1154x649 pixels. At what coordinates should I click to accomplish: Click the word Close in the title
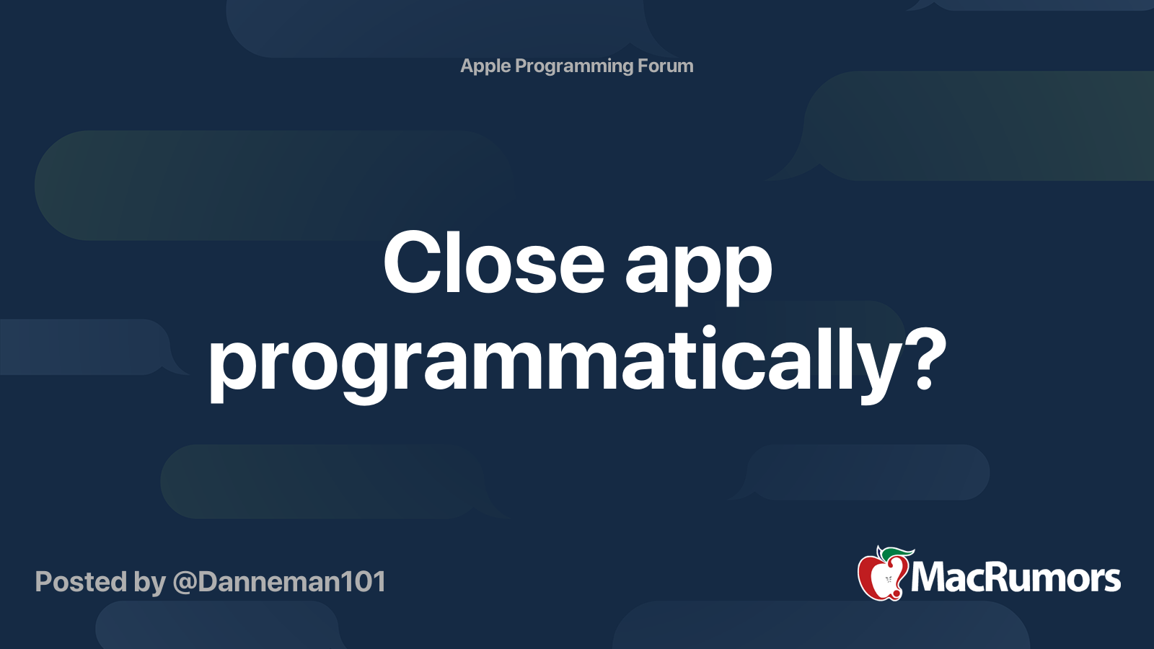(493, 262)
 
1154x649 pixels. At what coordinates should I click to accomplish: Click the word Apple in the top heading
(485, 66)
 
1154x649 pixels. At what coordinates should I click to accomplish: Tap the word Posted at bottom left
(81, 581)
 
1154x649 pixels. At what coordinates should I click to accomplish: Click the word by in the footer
(149, 583)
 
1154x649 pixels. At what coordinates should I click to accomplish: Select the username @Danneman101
(279, 582)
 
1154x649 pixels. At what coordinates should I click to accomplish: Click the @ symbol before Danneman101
(185, 583)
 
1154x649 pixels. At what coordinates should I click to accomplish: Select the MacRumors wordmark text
(1016, 578)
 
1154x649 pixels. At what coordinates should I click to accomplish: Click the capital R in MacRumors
(987, 578)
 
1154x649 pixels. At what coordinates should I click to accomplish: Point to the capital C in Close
(414, 262)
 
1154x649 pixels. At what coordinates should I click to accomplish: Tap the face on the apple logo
(888, 580)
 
